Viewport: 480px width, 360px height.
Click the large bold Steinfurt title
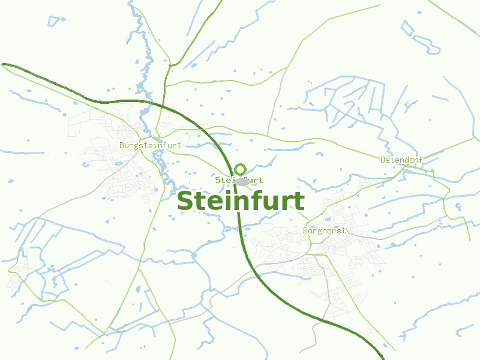click(x=240, y=201)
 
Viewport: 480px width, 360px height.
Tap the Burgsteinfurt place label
click(x=150, y=145)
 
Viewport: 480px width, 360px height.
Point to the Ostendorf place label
click(x=401, y=160)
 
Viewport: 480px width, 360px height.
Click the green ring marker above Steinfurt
click(x=241, y=169)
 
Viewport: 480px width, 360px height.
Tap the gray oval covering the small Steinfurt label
click(x=242, y=181)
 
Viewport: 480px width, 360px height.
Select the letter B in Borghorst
click(x=306, y=230)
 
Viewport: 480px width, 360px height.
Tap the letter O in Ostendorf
click(x=383, y=160)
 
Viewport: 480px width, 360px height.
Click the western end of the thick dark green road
click(x=4, y=64)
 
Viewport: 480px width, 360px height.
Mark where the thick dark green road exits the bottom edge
click(x=382, y=358)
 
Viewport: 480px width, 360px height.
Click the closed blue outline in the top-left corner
click(x=55, y=20)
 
